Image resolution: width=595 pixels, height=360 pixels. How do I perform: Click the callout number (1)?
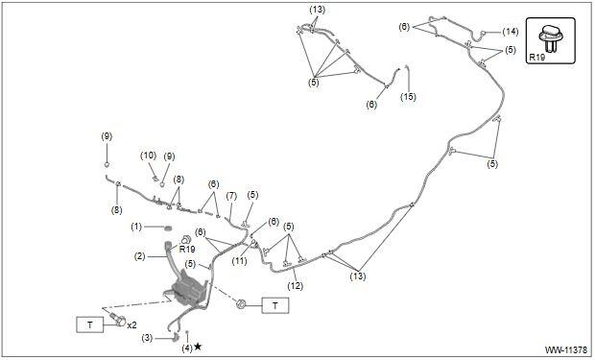[x=136, y=227]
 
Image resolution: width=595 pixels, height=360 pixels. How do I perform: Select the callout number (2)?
[x=140, y=256]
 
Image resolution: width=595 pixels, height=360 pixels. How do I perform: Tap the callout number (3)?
[x=147, y=338]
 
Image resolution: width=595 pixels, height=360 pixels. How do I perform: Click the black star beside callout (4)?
[x=198, y=347]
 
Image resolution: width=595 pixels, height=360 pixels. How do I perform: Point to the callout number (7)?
[x=231, y=196]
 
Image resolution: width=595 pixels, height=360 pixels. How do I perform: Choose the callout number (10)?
[x=149, y=156]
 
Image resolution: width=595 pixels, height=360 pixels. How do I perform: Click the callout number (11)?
[x=240, y=261]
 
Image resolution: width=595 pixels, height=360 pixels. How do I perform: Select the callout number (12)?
[x=296, y=285]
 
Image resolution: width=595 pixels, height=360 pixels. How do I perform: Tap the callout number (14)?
[x=511, y=32]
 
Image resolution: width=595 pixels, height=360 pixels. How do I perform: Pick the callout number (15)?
[x=408, y=97]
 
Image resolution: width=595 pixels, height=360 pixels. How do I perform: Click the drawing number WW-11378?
[x=566, y=349]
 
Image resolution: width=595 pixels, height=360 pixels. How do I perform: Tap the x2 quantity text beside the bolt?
[x=131, y=325]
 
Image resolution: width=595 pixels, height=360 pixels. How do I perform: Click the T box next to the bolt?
[x=90, y=324]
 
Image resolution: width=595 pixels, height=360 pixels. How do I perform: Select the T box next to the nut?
[x=275, y=305]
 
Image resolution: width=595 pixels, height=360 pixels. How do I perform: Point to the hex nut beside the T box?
[x=240, y=303]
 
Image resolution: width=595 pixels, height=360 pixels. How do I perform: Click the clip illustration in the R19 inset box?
[x=550, y=38]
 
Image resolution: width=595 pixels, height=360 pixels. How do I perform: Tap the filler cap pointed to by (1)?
[x=167, y=228]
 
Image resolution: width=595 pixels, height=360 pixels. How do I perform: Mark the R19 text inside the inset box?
[x=537, y=58]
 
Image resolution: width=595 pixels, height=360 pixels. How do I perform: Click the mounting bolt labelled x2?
[x=117, y=320]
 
